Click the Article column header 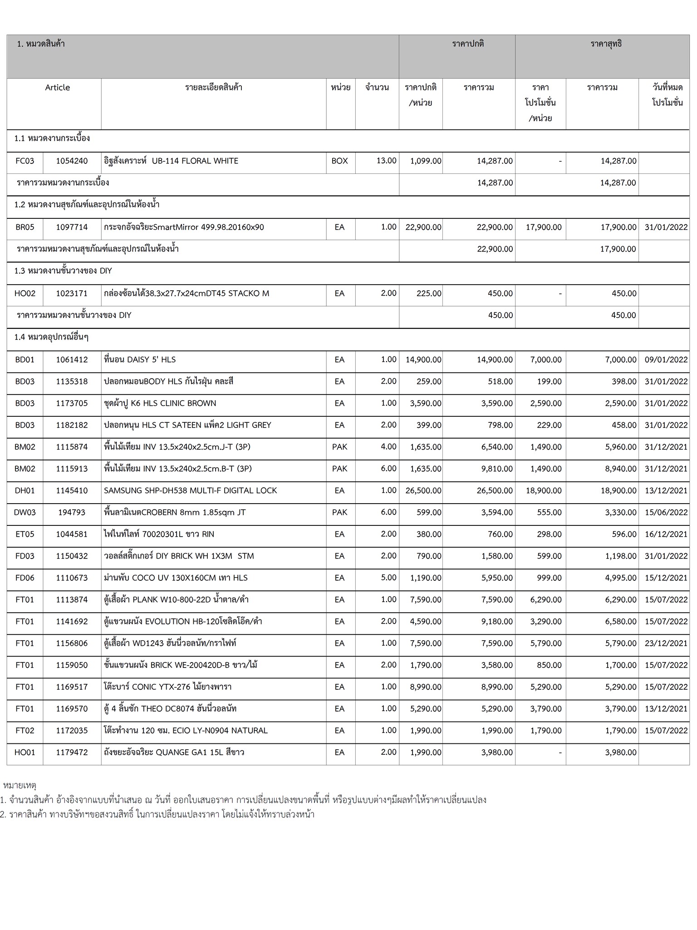(57, 88)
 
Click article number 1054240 (72, 161)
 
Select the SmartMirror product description (184, 227)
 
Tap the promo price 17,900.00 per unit (543, 227)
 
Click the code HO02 (25, 293)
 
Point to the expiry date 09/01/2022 (666, 360)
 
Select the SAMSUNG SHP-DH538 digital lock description (190, 490)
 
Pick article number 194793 (72, 512)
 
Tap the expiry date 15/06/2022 (666, 512)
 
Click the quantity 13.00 (386, 161)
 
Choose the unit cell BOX (339, 161)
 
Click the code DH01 (25, 490)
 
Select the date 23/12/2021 (666, 643)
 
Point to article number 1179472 (72, 752)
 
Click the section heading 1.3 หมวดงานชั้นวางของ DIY (63, 271)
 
